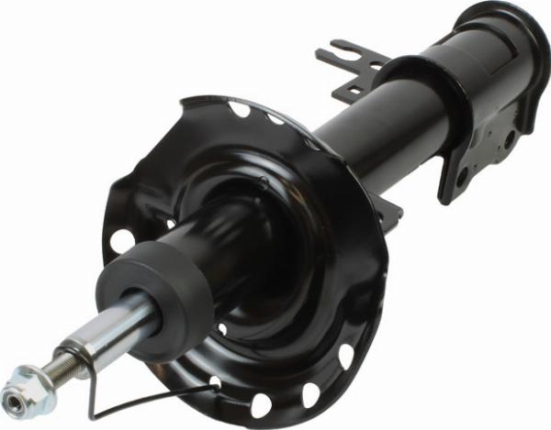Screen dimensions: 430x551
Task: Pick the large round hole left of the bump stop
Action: (x=120, y=241)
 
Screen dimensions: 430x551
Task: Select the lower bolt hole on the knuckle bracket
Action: (x=462, y=175)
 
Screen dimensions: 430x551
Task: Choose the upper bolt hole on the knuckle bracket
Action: (x=508, y=138)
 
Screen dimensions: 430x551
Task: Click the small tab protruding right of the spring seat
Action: (x=390, y=208)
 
